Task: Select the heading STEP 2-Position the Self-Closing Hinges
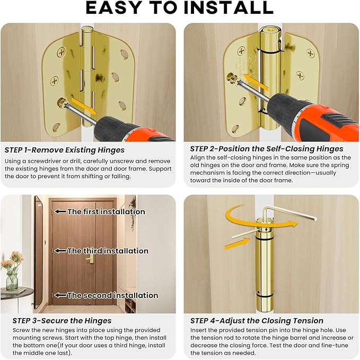(267, 149)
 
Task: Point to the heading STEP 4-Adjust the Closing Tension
(257, 321)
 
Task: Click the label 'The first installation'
(106, 212)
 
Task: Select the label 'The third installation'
(108, 251)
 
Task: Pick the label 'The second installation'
(112, 295)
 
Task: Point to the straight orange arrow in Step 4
(237, 244)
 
